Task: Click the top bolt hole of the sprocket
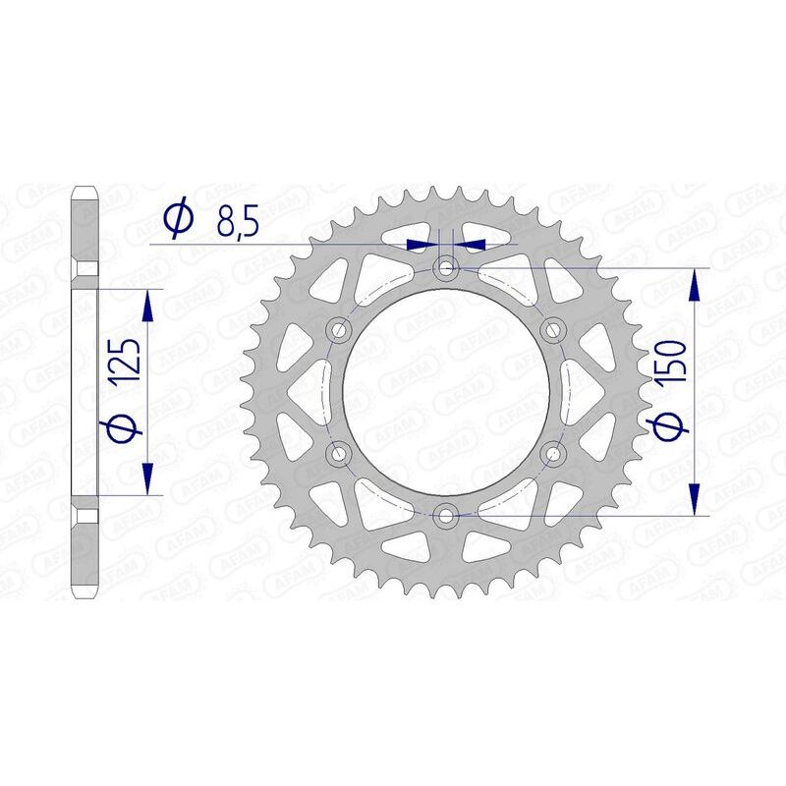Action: coord(448,267)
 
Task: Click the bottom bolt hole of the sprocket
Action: coord(448,515)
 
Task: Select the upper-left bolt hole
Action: coord(341,329)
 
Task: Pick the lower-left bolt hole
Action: coord(341,453)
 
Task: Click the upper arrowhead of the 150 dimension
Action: coord(697,285)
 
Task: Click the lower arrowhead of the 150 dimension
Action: coord(697,497)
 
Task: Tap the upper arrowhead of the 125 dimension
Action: coord(148,305)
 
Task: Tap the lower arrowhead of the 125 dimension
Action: coord(148,478)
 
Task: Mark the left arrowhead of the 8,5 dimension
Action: coord(421,243)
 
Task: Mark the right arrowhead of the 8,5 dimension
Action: coord(475,243)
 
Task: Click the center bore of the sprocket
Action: coord(448,391)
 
